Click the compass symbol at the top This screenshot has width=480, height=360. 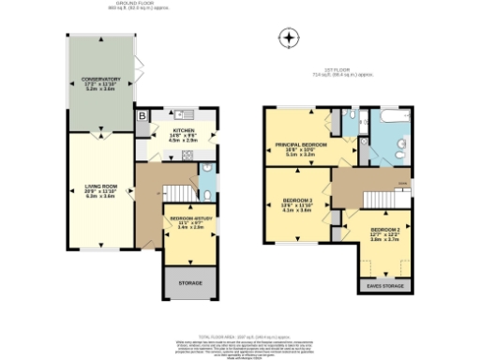tap(291, 38)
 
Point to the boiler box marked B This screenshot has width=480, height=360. tap(142, 116)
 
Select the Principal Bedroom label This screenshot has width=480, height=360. tap(299, 148)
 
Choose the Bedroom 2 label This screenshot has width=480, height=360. tap(384, 234)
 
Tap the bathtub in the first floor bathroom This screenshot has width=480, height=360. tap(388, 118)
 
